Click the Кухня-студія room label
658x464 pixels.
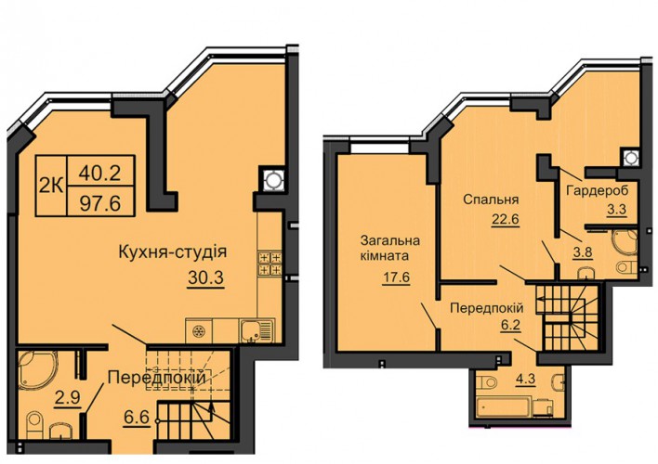173,252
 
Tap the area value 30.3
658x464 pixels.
206,277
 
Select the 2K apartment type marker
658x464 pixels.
51,186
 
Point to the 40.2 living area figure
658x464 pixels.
100,172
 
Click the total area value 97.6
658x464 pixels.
100,203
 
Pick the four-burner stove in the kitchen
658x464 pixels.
270,264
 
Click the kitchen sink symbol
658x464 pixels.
257,331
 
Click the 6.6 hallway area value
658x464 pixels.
138,418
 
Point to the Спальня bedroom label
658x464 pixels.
491,200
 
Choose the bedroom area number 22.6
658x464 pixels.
506,219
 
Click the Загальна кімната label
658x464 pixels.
390,248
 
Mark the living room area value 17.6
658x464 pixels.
396,277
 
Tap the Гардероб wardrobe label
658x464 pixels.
598,191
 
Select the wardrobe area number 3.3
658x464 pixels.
616,209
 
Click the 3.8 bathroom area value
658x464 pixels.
583,252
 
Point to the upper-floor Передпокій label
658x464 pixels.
486,308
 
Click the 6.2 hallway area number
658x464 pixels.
510,325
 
